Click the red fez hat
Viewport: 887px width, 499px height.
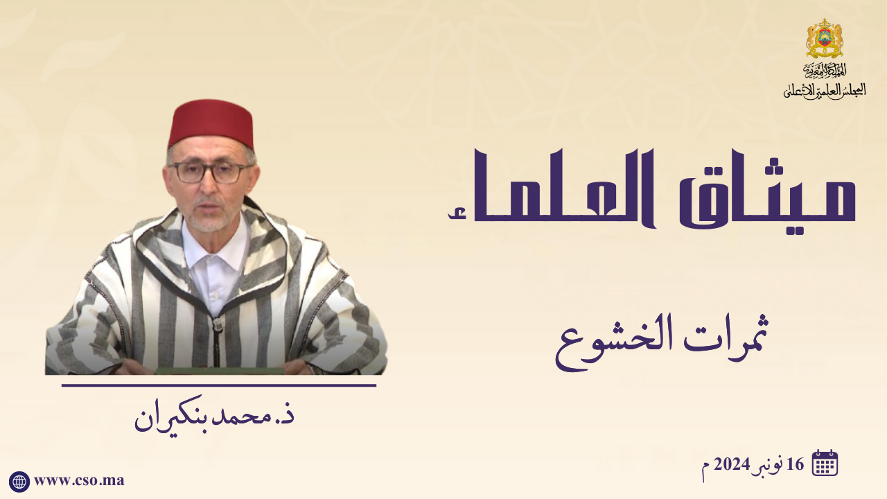point(210,123)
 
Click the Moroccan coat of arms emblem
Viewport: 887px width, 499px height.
point(825,38)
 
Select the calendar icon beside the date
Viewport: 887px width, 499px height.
point(825,462)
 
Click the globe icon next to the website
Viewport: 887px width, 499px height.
point(19,482)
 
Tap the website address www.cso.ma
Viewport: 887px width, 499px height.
point(79,481)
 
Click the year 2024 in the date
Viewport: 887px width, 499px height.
point(732,464)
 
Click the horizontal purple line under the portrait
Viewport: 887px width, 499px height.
point(218,385)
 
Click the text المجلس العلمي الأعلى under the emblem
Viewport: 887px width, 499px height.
point(825,91)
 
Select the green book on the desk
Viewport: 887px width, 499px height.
point(219,371)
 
